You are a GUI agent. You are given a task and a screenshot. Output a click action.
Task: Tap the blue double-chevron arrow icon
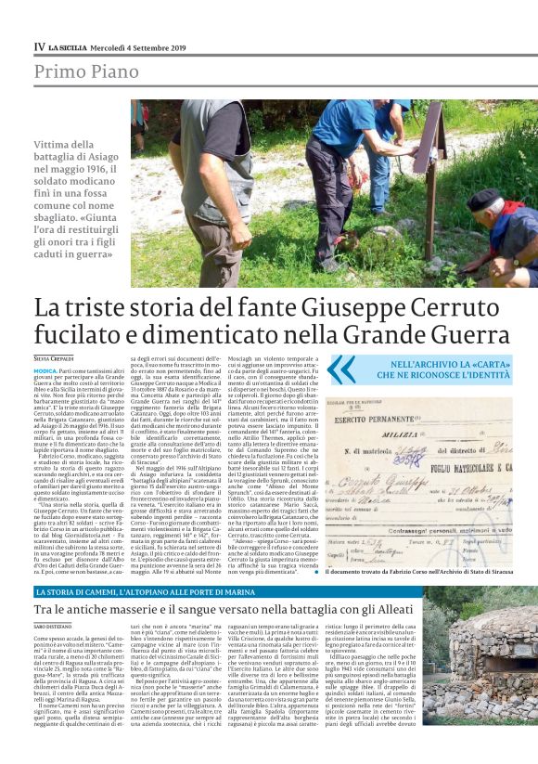pos(340,369)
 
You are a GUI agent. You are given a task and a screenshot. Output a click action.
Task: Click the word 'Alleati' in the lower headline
pos(374,608)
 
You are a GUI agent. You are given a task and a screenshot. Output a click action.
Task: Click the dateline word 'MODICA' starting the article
pos(46,369)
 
